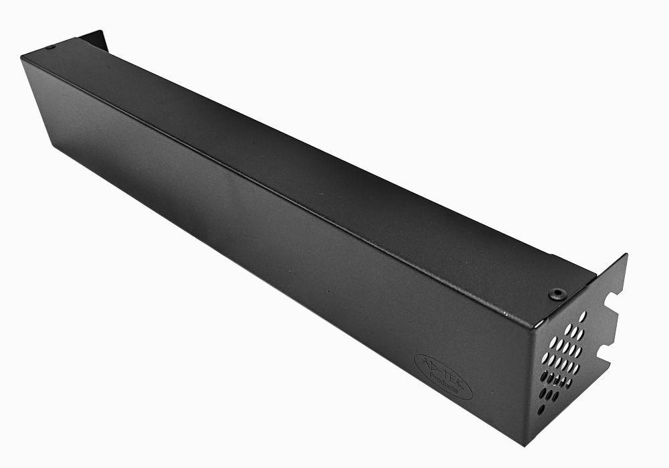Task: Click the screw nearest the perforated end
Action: (x=557, y=293)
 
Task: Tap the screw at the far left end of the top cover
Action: (x=50, y=47)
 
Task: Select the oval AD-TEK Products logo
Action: (x=443, y=376)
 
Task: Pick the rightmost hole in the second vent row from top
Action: (x=579, y=333)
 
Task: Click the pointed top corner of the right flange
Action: (x=626, y=255)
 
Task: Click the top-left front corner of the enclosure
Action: (x=22, y=58)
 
